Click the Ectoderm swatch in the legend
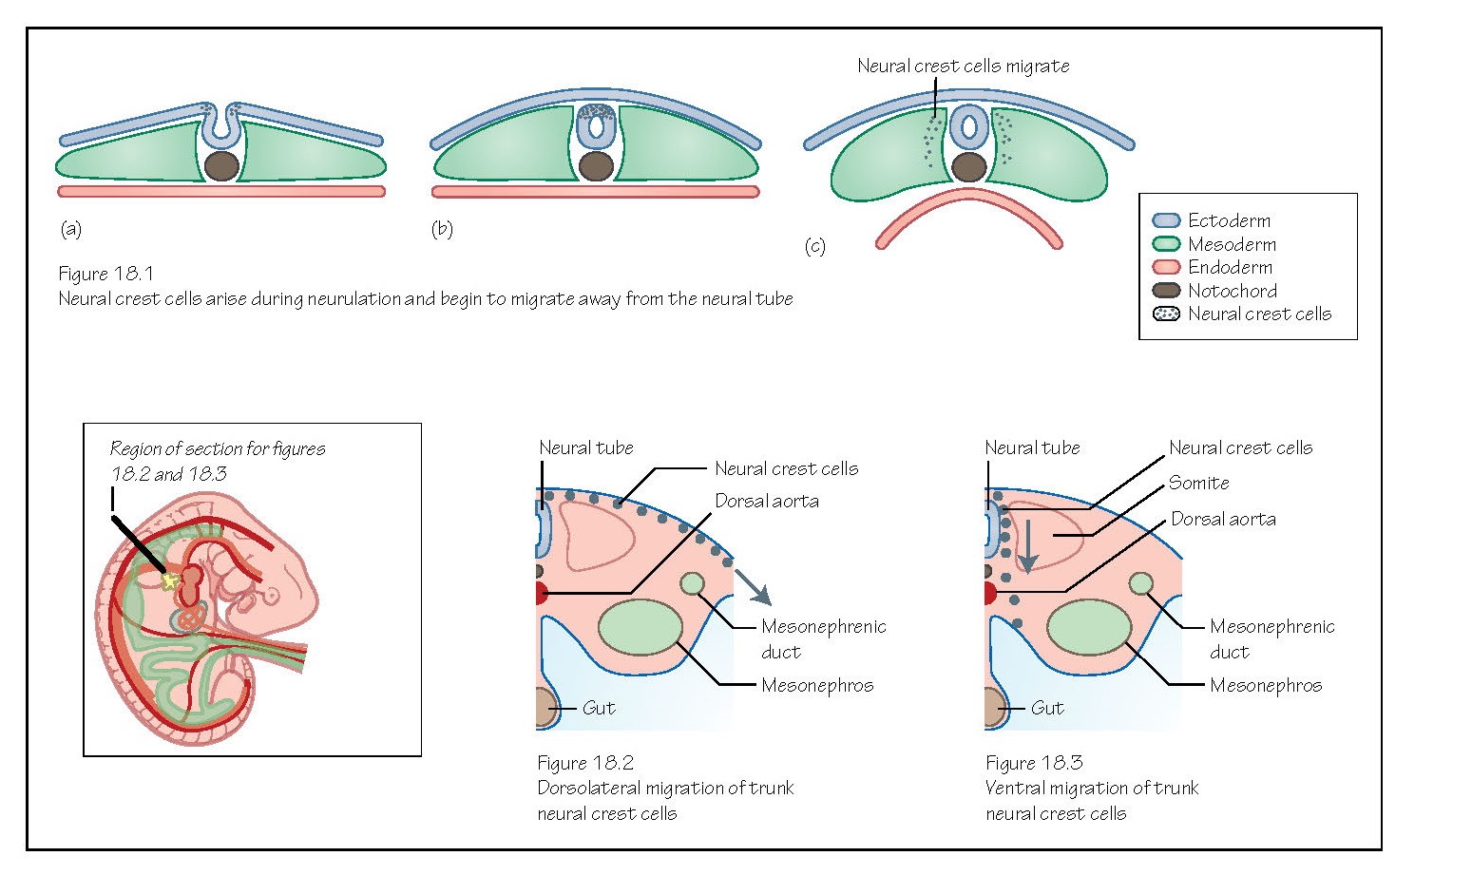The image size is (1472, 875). tap(1165, 220)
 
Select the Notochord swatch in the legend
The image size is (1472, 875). tap(1165, 291)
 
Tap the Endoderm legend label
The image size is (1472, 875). tap(1230, 267)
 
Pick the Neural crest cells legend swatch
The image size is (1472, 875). tap(1165, 314)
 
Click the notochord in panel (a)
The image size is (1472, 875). tap(221, 165)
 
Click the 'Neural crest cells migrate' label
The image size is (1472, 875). tap(963, 66)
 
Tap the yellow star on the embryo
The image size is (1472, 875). tap(170, 580)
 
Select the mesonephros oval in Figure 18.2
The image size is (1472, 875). tap(640, 627)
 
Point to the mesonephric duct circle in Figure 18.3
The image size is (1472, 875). tap(1141, 583)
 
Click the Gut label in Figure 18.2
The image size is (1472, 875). tap(599, 708)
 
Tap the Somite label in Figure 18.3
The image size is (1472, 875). tap(1198, 483)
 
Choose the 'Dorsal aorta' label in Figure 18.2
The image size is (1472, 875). tap(766, 501)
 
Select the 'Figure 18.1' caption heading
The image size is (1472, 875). tap(105, 274)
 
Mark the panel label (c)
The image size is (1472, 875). tap(814, 246)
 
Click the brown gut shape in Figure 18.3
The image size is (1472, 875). tap(995, 708)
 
